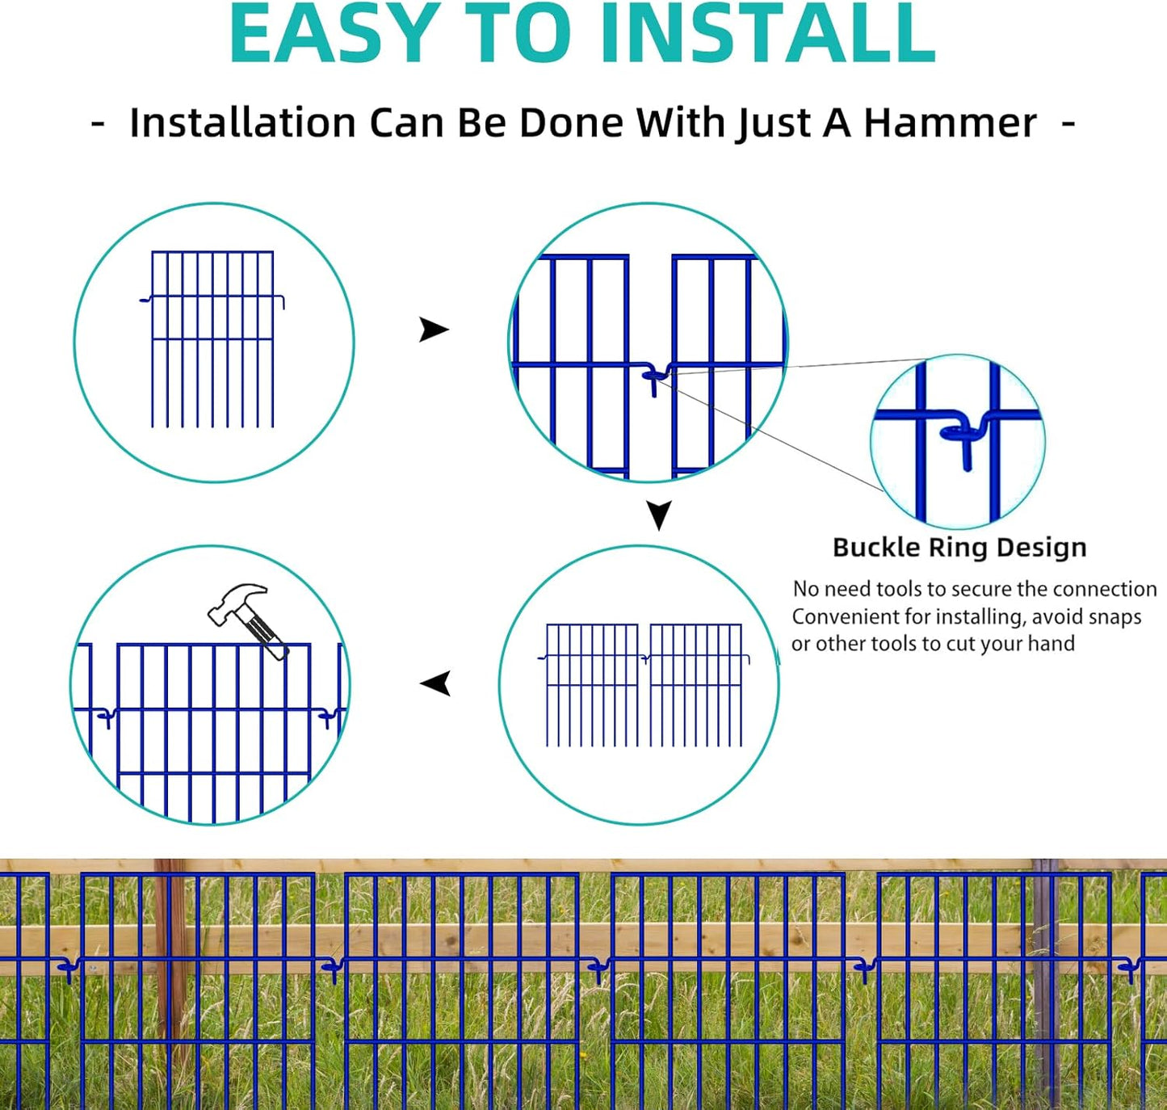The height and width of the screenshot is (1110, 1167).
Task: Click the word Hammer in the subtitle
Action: coord(950,124)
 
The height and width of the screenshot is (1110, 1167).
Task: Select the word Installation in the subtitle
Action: coord(242,124)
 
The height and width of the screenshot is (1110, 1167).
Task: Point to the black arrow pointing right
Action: coord(434,330)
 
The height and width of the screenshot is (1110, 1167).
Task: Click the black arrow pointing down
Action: coord(659,515)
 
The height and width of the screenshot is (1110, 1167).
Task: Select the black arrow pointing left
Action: coord(436,683)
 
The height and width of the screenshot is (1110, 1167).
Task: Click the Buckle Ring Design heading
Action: coord(959,547)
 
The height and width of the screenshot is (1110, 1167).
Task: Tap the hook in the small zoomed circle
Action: coord(964,436)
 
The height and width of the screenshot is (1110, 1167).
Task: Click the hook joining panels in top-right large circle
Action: coord(655,376)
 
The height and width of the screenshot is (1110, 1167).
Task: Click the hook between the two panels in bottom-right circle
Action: coord(644,659)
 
